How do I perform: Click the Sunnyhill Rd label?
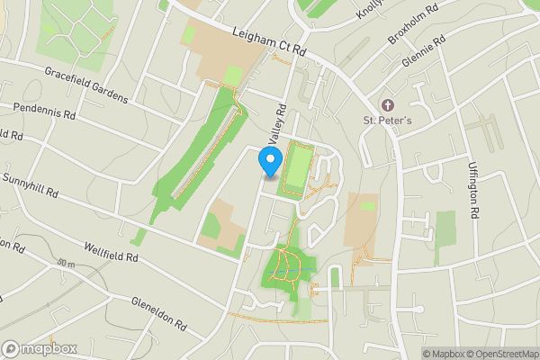click(x=29, y=185)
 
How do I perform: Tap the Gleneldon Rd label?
click(x=158, y=312)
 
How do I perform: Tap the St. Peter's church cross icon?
click(x=389, y=104)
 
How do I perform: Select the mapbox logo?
click(x=39, y=348)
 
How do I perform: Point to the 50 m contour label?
click(x=65, y=264)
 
